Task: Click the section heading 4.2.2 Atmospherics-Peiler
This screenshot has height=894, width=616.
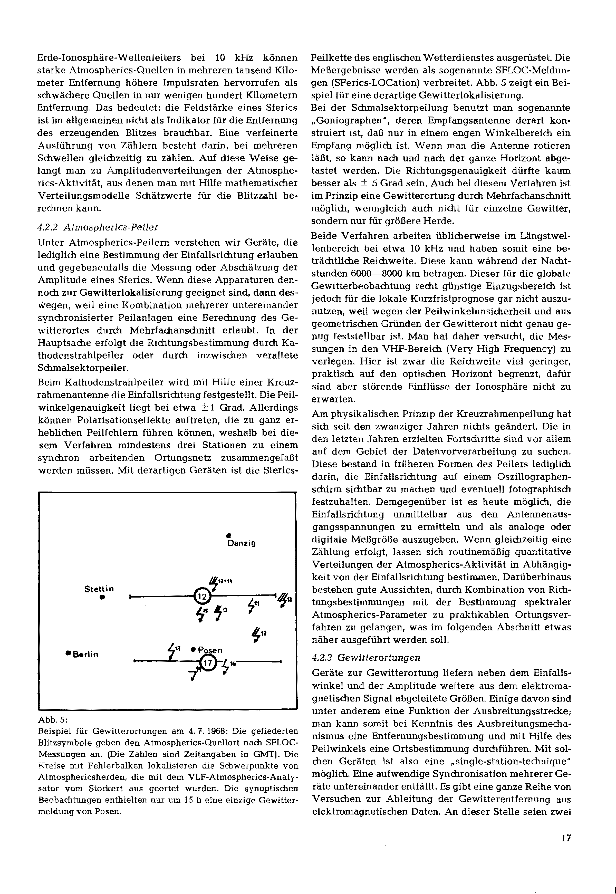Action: (98, 227)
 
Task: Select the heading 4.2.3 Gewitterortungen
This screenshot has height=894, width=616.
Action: (365, 657)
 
